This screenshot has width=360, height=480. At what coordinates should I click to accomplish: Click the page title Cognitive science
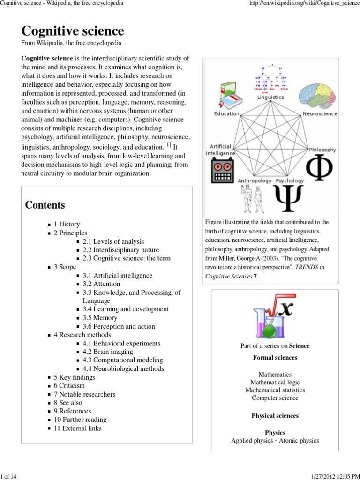tap(73, 31)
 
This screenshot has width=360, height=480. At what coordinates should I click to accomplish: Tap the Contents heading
tap(45, 205)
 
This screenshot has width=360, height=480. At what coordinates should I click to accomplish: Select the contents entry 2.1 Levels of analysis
tap(113, 241)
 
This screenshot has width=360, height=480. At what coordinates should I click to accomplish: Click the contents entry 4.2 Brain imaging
tap(108, 352)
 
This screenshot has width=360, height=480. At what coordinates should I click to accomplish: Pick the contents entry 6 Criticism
tap(69, 386)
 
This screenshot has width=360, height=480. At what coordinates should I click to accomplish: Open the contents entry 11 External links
tap(77, 428)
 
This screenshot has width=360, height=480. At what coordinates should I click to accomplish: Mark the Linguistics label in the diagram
tap(270, 97)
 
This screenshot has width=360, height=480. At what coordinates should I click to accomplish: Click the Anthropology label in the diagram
tap(255, 180)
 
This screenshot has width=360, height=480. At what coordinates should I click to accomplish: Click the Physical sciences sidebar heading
tap(275, 416)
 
